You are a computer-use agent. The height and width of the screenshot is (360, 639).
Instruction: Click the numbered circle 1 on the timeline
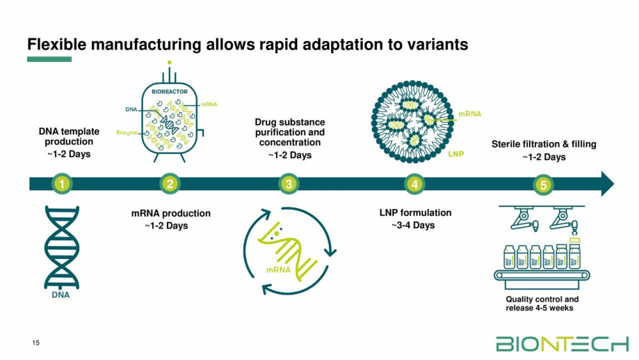coord(61,184)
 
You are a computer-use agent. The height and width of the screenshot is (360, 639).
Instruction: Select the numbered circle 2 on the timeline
coord(170,184)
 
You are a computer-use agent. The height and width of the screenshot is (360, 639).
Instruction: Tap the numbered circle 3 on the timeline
coord(289,184)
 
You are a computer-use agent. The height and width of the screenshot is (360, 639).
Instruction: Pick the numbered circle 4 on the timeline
coord(415,184)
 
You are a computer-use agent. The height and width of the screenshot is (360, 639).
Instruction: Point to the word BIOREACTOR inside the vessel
coord(169,92)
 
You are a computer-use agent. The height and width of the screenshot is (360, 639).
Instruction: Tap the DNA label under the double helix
coord(61,295)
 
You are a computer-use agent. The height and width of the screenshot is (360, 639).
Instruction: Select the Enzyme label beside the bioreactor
coord(127,132)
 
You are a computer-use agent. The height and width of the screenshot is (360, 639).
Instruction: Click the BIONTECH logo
coord(562,344)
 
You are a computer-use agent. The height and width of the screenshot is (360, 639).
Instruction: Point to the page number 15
coord(36,343)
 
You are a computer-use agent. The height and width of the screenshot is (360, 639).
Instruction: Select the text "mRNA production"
coord(171,214)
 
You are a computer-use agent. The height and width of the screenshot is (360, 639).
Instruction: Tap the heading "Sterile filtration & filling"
coord(543,144)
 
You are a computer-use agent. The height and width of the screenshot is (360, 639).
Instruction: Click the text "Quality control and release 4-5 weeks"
coord(542,304)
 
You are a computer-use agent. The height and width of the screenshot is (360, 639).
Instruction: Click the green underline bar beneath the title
coord(49,59)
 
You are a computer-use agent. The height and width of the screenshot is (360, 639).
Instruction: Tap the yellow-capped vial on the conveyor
coord(575,254)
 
